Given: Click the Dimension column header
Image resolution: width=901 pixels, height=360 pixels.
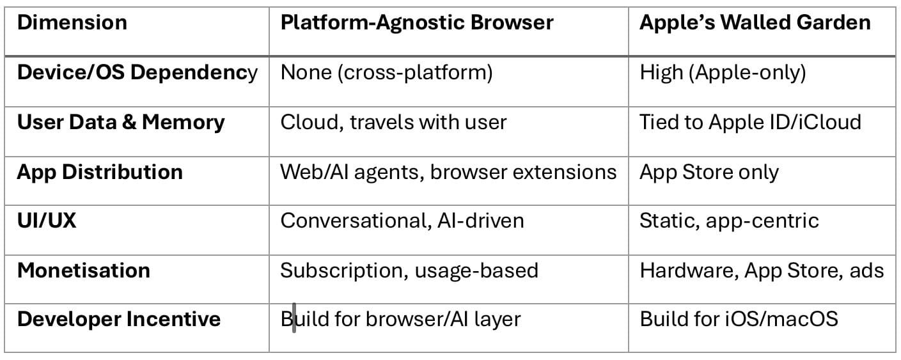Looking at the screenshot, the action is (x=72, y=22).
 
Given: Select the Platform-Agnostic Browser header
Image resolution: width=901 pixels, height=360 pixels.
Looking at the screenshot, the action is (x=417, y=23).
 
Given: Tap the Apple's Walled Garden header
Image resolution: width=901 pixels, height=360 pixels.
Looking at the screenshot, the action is (x=755, y=22).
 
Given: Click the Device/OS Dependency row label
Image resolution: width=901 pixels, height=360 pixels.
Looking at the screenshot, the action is (x=137, y=74).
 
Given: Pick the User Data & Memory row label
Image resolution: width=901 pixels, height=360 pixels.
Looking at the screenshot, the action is (x=121, y=123).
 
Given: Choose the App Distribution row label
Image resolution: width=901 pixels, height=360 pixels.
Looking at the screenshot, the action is (x=100, y=173).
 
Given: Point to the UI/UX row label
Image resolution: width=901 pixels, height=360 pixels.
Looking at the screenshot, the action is (x=47, y=221).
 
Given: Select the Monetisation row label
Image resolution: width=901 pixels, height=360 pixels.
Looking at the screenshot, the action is (x=84, y=270).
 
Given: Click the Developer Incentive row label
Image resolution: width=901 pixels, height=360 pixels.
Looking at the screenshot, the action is (x=119, y=320).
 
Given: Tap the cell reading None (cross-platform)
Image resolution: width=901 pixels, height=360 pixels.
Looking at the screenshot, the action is (x=386, y=73).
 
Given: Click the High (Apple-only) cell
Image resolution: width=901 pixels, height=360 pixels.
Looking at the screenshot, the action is (x=723, y=73).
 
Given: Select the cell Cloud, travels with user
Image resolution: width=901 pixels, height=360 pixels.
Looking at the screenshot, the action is (x=393, y=123).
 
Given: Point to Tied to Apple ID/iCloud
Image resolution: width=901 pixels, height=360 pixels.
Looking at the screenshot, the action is (x=750, y=123).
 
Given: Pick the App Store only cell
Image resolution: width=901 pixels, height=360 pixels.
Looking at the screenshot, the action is (x=709, y=173).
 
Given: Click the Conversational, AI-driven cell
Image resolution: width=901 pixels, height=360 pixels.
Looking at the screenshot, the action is (x=402, y=221).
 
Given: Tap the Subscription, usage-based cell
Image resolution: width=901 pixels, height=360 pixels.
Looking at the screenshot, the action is (x=409, y=271).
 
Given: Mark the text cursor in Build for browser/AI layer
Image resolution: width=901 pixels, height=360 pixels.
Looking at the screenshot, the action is (x=294, y=318).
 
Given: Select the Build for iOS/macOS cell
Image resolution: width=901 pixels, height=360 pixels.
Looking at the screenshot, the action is (x=739, y=320).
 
